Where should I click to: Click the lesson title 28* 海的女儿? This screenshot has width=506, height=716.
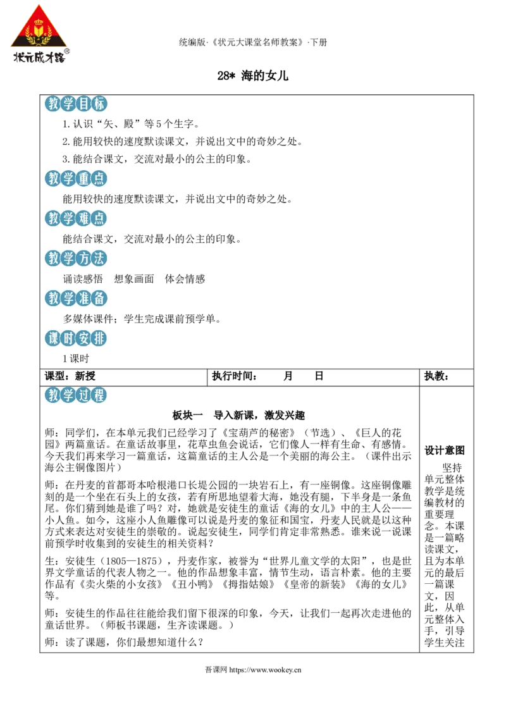(252, 76)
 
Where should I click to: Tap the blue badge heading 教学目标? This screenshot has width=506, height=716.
(76, 104)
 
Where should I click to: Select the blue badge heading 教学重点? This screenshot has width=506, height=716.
(76, 178)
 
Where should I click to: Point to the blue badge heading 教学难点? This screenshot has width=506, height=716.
(76, 218)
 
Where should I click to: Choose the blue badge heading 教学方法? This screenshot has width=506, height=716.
(76, 259)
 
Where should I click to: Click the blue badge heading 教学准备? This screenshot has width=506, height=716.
(76, 298)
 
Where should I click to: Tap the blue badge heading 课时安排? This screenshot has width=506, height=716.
(76, 338)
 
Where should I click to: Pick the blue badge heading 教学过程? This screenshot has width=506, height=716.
(76, 395)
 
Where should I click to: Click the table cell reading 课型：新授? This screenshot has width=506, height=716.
(70, 376)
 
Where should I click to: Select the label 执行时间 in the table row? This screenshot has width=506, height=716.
(234, 376)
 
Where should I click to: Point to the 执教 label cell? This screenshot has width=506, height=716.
(436, 376)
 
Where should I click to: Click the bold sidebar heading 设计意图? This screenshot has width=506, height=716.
(445, 451)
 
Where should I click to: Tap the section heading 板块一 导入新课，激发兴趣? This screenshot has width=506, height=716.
(238, 415)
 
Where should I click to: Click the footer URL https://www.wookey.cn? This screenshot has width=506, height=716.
(265, 670)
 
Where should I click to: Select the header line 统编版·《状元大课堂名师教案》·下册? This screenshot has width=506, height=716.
(253, 42)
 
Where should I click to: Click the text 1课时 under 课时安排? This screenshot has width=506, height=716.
(76, 359)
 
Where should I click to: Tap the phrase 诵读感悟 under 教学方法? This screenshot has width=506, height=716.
(83, 279)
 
